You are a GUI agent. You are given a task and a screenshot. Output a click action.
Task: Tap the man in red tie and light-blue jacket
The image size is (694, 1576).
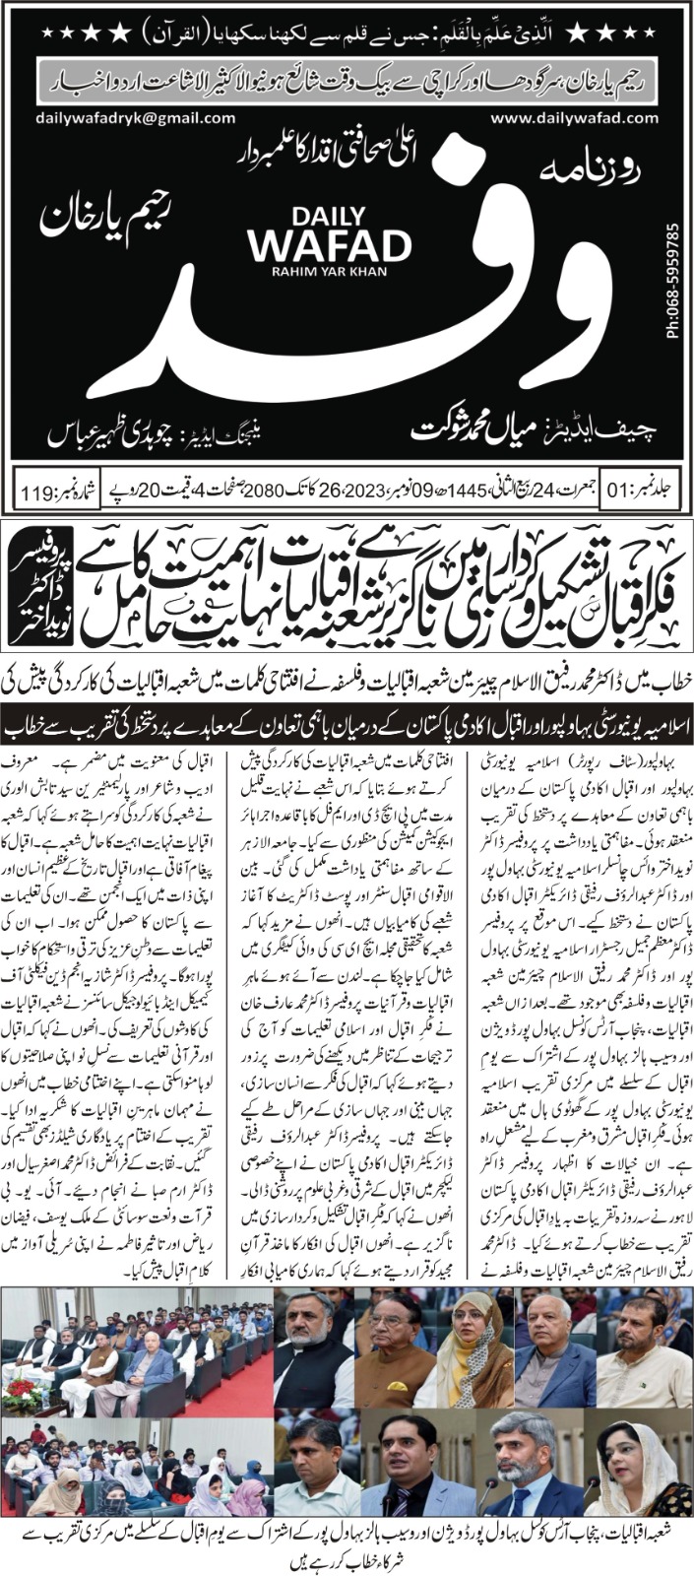pyautogui.click(x=405, y=1467)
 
